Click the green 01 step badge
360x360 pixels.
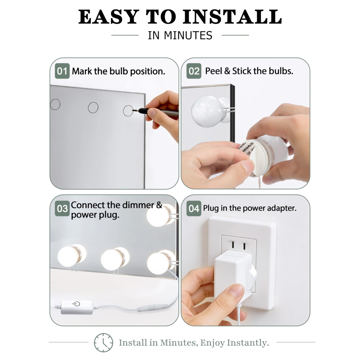point(62,71)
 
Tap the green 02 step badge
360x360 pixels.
point(194,71)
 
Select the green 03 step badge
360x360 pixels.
point(62,208)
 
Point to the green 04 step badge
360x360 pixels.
point(194,208)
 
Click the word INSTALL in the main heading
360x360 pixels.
point(232,17)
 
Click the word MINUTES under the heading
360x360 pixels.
point(188,35)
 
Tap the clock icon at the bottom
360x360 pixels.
point(103,343)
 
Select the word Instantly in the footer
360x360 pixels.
point(248,343)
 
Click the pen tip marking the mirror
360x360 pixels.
point(133,111)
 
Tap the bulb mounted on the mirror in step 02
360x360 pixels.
point(207,111)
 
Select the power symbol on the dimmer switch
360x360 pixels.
point(76,304)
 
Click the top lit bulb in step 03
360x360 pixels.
point(161,215)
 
